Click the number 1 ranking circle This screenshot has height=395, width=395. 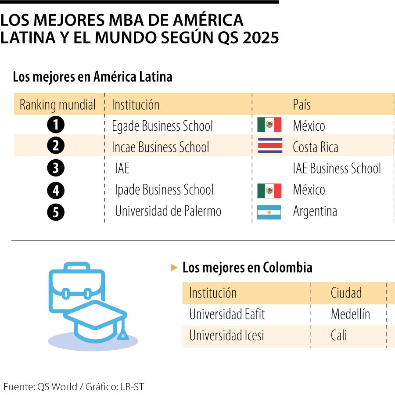pyautogui.click(x=56, y=125)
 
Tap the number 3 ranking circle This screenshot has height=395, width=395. pyautogui.click(x=56, y=168)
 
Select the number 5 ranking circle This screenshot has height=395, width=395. pyautogui.click(x=56, y=212)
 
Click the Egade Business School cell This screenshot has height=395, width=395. pyautogui.click(x=162, y=126)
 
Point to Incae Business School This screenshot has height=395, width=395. pyautogui.click(x=161, y=147)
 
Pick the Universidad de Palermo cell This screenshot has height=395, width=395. pyautogui.click(x=168, y=211)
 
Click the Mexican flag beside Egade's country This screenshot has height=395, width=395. pyautogui.click(x=269, y=125)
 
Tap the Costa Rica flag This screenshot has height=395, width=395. pyautogui.click(x=270, y=146)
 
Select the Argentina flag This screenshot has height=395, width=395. pyautogui.click(x=269, y=212)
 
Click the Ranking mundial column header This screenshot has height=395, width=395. pyautogui.click(x=57, y=104)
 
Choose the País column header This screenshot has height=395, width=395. pyautogui.click(x=302, y=104)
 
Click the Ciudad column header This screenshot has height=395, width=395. pyautogui.click(x=346, y=293)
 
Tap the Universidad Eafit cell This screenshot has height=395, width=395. pyautogui.click(x=227, y=314)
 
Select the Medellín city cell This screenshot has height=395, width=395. pyautogui.click(x=350, y=314)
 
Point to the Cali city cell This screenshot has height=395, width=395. pyautogui.click(x=339, y=335)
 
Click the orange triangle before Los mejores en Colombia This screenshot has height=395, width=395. pyautogui.click(x=174, y=268)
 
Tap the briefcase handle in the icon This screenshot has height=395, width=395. pyautogui.click(x=77, y=266)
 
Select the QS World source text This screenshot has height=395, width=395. pyautogui.click(x=57, y=387)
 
